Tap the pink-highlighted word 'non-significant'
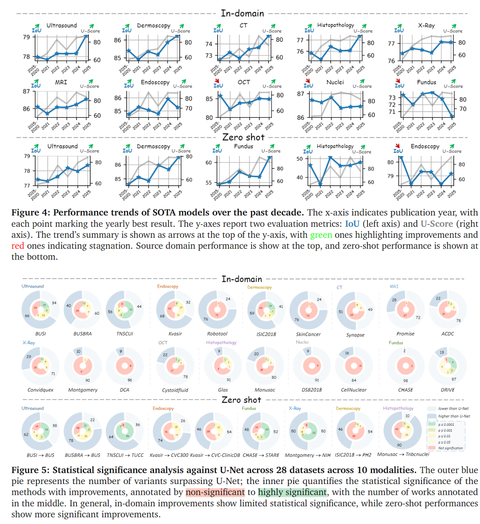click(215, 492)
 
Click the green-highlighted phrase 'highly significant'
click(292, 492)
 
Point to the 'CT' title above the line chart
click(243, 25)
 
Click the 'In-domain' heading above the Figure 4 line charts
click(242, 13)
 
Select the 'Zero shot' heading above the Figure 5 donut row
click(242, 400)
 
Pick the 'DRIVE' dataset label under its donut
click(448, 390)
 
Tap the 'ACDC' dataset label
click(448, 334)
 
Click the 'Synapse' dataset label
click(355, 335)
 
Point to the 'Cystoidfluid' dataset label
click(175, 390)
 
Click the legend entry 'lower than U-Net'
click(453, 408)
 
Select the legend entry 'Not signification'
click(450, 448)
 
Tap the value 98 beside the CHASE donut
click(405, 380)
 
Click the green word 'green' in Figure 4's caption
click(321, 235)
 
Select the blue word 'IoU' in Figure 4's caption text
click(352, 224)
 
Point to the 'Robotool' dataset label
click(217, 334)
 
